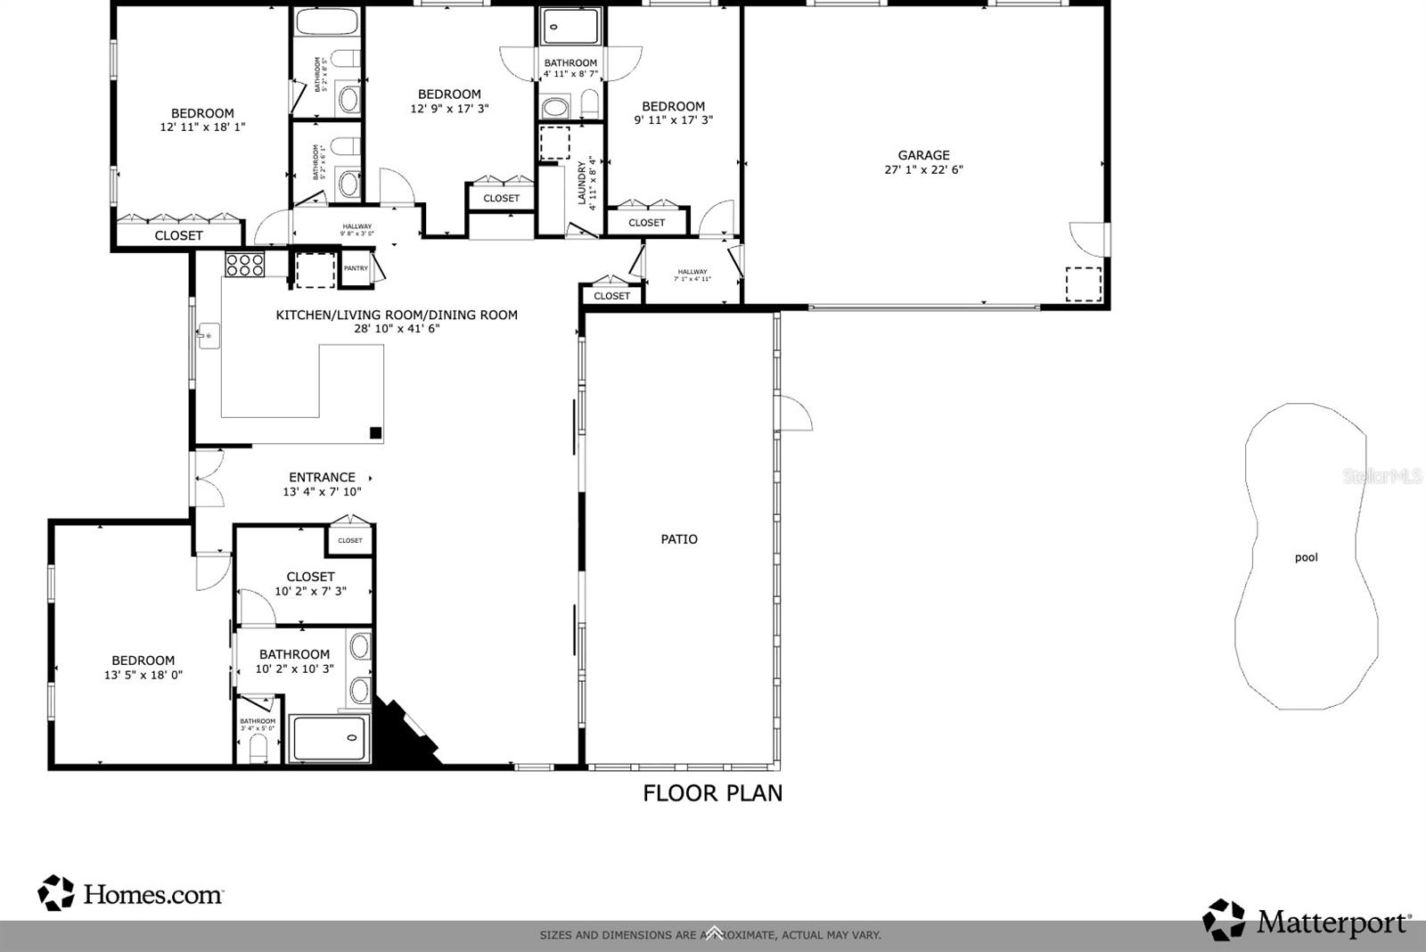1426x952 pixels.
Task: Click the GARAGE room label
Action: [x=923, y=155]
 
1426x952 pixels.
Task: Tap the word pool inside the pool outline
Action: [x=1306, y=558]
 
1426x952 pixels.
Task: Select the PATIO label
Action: [x=679, y=539]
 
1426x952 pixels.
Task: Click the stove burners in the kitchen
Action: [x=244, y=264]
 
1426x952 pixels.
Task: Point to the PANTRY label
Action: [x=356, y=268]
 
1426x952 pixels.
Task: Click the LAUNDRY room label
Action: [x=582, y=183]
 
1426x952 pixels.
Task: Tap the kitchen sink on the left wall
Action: [x=209, y=336]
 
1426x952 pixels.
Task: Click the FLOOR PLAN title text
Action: [x=712, y=793]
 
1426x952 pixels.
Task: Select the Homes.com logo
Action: [x=131, y=893]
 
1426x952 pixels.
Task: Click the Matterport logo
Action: [x=1307, y=921]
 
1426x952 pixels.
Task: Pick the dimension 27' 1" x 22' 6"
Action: [x=923, y=169]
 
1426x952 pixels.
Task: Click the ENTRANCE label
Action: [x=322, y=478]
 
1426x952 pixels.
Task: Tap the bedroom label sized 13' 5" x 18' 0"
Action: [x=143, y=661]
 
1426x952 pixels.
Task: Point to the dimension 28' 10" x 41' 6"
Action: [x=397, y=329]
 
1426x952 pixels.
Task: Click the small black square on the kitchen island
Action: [x=376, y=433]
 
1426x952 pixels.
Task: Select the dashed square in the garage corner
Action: [x=1083, y=283]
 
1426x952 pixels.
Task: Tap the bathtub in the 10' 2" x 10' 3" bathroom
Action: [x=329, y=738]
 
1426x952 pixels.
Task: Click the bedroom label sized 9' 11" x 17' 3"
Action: [x=673, y=106]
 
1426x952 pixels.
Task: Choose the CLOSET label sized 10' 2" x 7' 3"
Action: [x=310, y=577]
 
